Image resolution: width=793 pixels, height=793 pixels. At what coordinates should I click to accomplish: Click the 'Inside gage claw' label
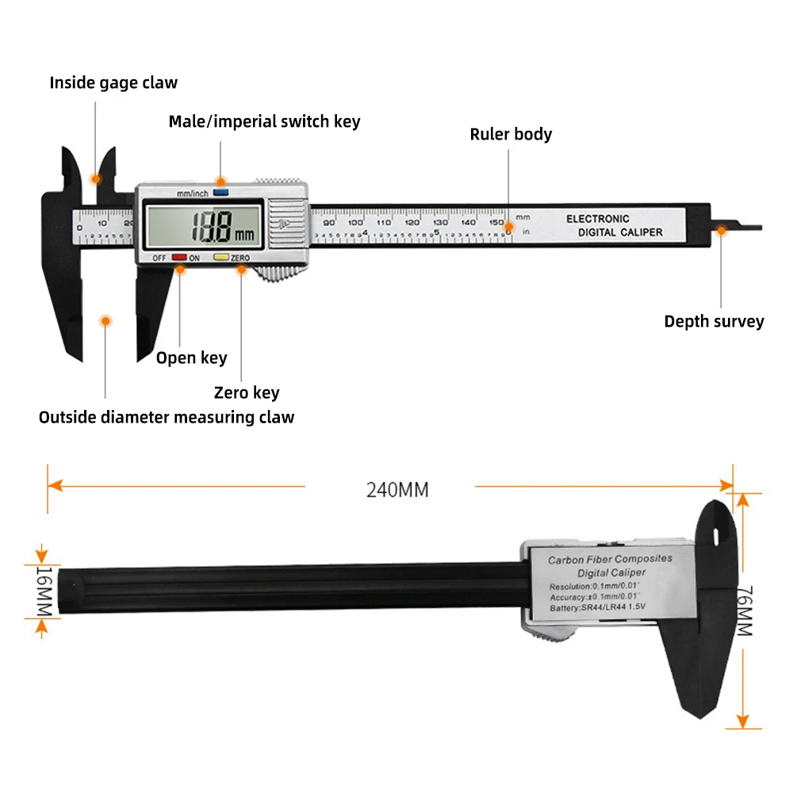point(113,82)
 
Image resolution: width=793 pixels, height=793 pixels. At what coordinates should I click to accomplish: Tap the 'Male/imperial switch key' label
point(264,121)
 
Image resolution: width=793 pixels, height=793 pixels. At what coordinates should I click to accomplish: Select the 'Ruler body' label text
point(511,134)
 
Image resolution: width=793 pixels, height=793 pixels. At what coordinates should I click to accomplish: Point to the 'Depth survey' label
point(714,321)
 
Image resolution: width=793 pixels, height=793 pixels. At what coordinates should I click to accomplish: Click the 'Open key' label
point(191,358)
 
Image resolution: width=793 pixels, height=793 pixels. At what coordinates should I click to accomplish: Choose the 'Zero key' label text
point(247,393)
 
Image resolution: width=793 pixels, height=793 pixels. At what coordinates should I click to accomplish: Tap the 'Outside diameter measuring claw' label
point(167,417)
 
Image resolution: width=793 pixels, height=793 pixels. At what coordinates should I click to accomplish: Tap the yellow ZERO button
point(220,257)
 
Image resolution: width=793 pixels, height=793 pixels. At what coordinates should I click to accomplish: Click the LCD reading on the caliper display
point(212,229)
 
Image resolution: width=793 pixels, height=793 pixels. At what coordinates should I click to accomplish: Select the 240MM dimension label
point(397,490)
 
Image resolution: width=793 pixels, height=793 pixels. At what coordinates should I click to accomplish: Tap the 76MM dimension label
point(744,611)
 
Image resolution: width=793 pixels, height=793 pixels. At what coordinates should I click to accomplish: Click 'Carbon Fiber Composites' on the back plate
point(610,559)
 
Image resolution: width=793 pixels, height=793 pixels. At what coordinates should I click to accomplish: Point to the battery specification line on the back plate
point(598,607)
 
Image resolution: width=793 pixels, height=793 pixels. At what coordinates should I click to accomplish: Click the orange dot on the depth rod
point(722,230)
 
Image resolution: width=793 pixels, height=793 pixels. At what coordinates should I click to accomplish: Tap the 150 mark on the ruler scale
point(496,223)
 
